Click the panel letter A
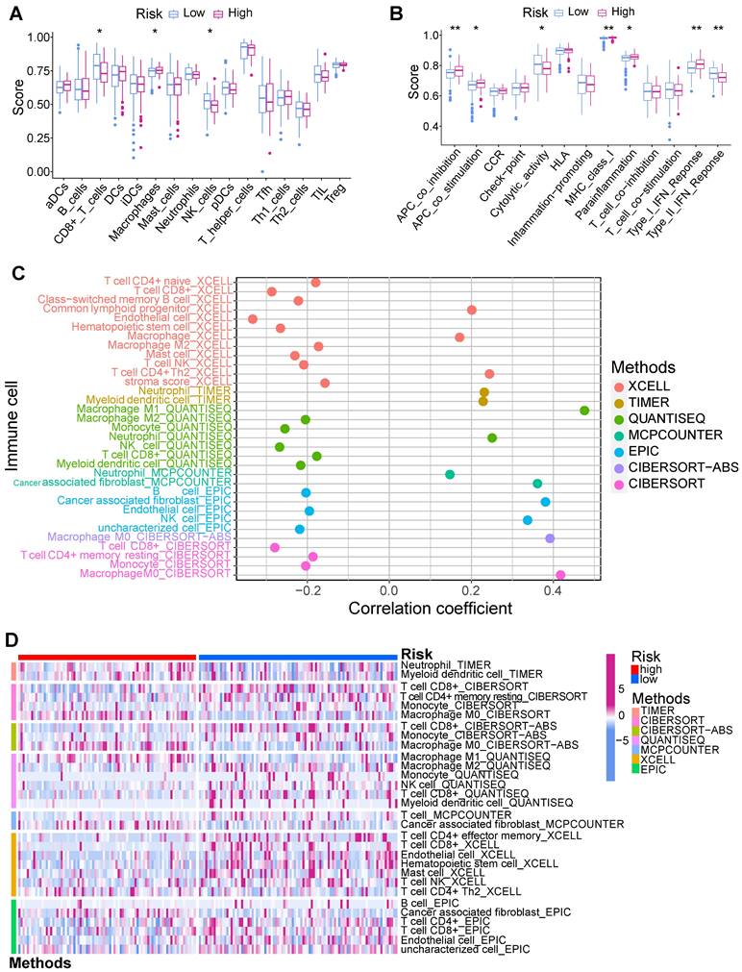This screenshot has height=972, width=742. tap(17, 14)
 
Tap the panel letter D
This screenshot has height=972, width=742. tap(15, 639)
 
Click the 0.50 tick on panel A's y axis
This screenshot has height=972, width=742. tap(38, 104)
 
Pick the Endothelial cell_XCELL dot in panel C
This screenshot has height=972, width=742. tap(253, 318)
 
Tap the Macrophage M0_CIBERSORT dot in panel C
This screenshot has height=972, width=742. tap(559, 574)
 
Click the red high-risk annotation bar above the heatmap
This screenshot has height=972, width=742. tap(107, 656)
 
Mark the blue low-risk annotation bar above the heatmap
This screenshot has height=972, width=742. tap(298, 656)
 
